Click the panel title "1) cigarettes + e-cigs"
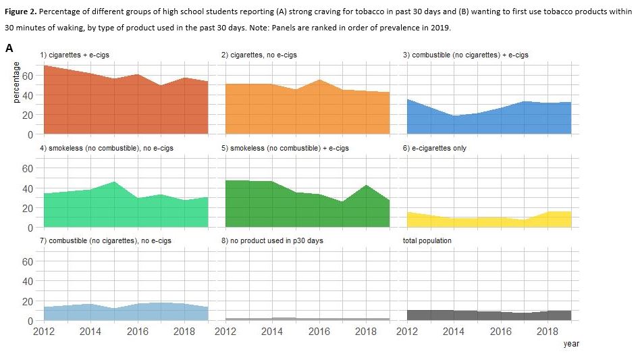[x=74, y=55]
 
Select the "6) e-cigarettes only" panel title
[x=435, y=148]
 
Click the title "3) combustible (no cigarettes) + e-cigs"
[x=465, y=55]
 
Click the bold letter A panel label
[x=9, y=48]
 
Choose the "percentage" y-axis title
[x=16, y=84]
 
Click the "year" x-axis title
[x=571, y=344]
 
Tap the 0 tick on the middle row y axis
[x=30, y=228]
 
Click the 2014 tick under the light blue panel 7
[x=90, y=332]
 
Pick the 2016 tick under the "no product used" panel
[x=319, y=332]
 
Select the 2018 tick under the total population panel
[x=548, y=332]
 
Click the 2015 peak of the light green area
[x=114, y=182]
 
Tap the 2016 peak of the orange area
[x=319, y=80]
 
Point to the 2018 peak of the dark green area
[x=366, y=186]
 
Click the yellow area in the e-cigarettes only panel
[x=486, y=222]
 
